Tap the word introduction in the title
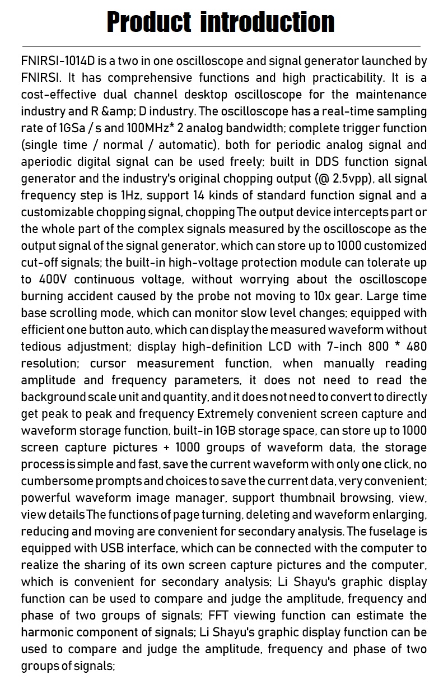click(267, 22)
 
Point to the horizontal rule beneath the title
click(221, 46)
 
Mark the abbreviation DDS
click(327, 161)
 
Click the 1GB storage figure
click(228, 430)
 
